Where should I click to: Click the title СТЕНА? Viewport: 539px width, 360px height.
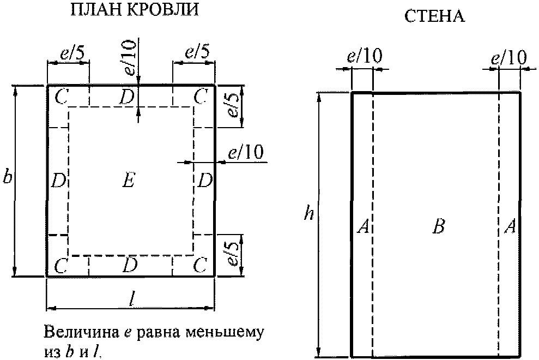[434, 16]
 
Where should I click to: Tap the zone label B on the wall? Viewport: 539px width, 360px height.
[438, 227]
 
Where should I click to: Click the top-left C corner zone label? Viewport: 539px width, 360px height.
[61, 98]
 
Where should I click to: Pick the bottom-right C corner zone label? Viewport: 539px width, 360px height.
[201, 266]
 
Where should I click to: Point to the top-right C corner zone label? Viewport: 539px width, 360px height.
[201, 98]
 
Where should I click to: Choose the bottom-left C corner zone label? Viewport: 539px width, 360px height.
[61, 266]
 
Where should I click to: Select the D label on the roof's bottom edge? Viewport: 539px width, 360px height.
[129, 266]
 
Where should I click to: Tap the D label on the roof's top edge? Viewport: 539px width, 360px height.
[127, 98]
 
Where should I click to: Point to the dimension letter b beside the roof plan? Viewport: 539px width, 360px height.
[7, 178]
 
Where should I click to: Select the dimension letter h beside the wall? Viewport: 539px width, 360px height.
[308, 214]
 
